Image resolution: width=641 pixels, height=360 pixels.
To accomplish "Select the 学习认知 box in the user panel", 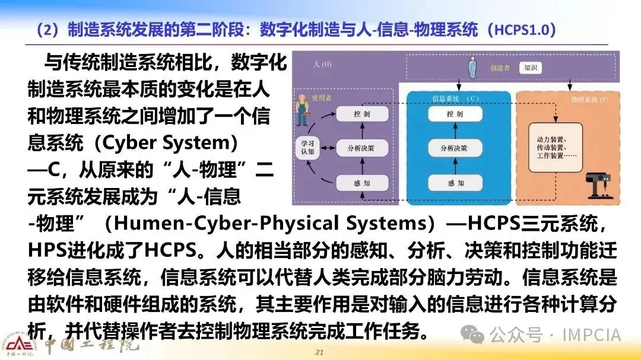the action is point(307,147).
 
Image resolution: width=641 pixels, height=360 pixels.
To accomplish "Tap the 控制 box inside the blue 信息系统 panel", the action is point(455,114).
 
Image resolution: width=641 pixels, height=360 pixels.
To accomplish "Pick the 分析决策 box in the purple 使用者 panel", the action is point(362,147).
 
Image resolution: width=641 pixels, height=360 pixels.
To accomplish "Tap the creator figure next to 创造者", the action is point(472,68).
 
